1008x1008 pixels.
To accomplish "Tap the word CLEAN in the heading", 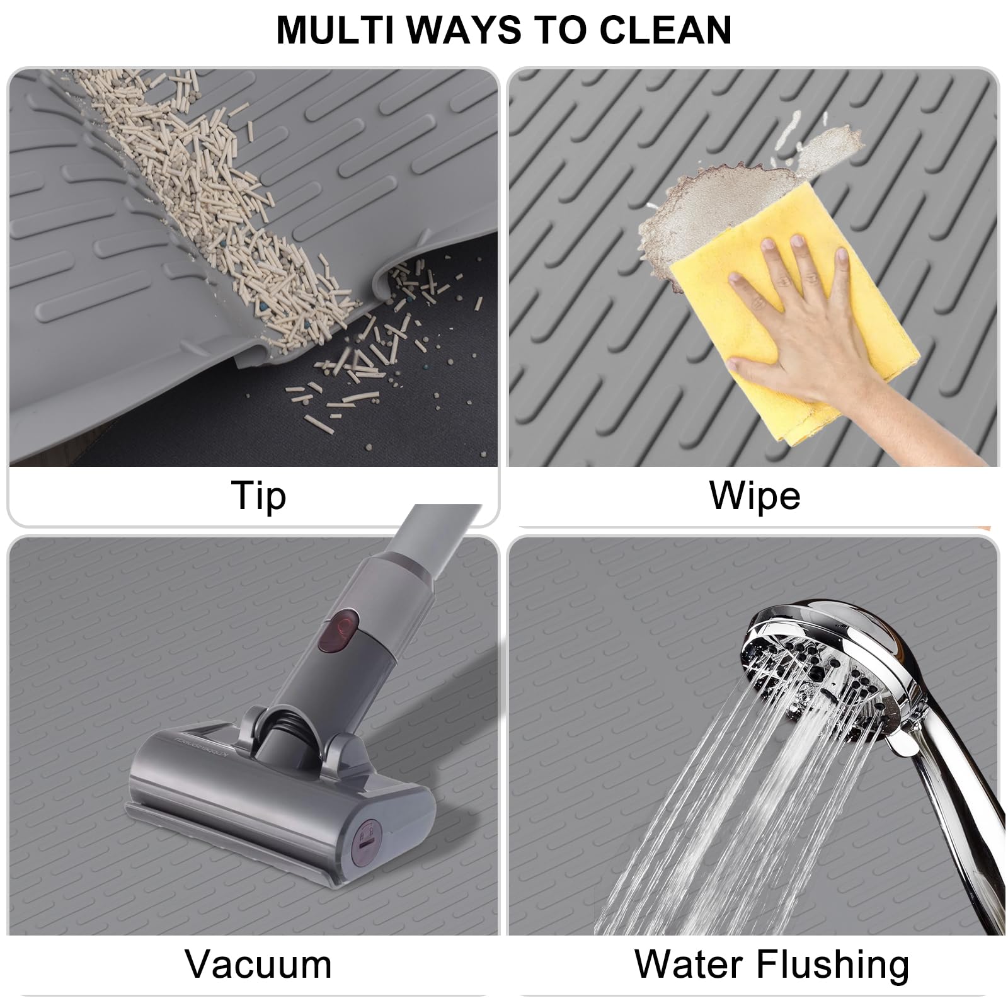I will tap(665, 30).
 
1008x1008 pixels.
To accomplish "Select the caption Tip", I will tap(258, 496).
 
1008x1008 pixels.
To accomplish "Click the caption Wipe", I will tap(755, 496).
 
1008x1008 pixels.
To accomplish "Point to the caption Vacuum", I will tap(258, 964).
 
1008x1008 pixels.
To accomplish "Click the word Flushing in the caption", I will tap(832, 964).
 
